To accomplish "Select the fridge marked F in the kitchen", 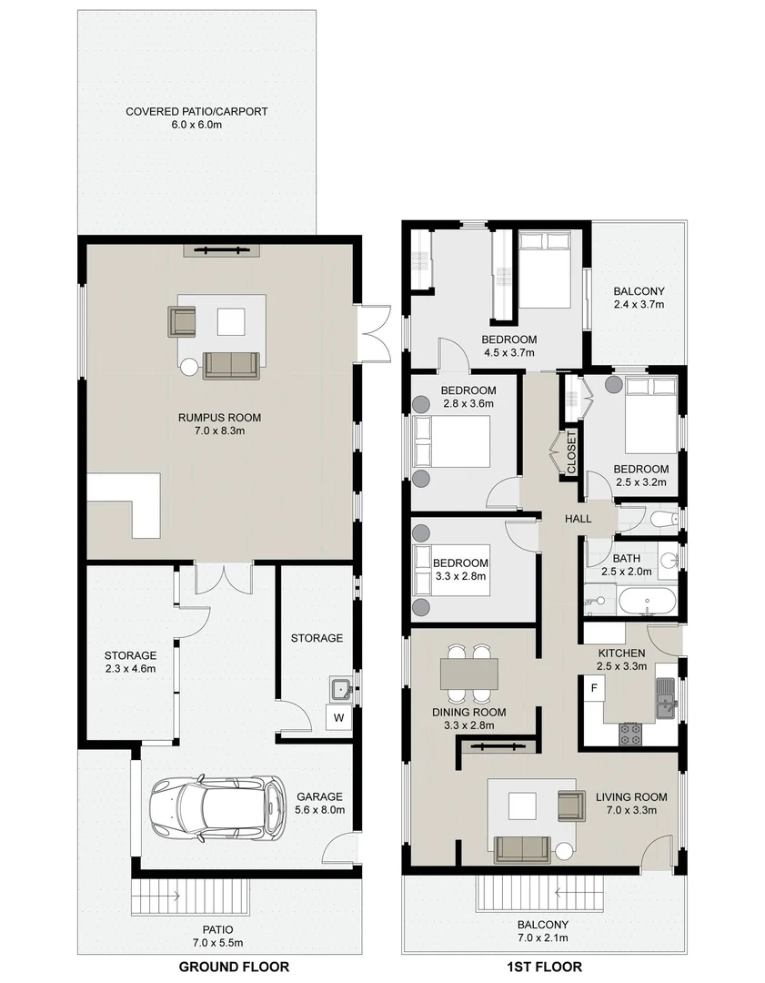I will (x=594, y=687).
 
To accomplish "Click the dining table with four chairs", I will (x=469, y=674).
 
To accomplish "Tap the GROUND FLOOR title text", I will (x=234, y=967).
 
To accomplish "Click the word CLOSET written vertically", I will (x=571, y=451).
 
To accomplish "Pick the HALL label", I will (x=578, y=519).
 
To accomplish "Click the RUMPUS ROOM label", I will (x=215, y=418).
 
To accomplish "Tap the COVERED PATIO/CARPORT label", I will (x=196, y=112).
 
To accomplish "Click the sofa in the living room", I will (x=521, y=848).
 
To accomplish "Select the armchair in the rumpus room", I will (x=182, y=321).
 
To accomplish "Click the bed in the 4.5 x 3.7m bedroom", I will (x=544, y=270).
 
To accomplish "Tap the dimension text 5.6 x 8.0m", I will (x=320, y=809).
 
